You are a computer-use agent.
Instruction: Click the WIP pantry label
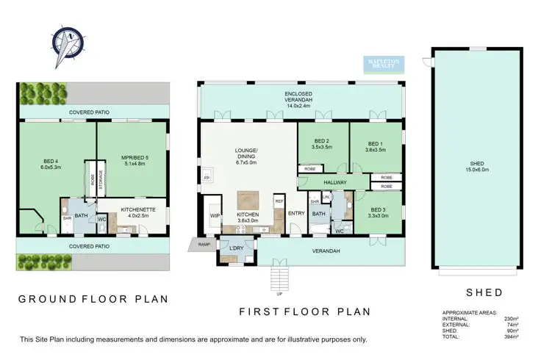pos(215,215)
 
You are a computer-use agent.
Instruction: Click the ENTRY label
pos(296,214)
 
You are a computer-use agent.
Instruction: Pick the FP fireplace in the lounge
pos(207,178)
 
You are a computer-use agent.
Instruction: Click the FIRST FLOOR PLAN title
pos(305,312)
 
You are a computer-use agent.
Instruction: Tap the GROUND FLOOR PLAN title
pos(93,299)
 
